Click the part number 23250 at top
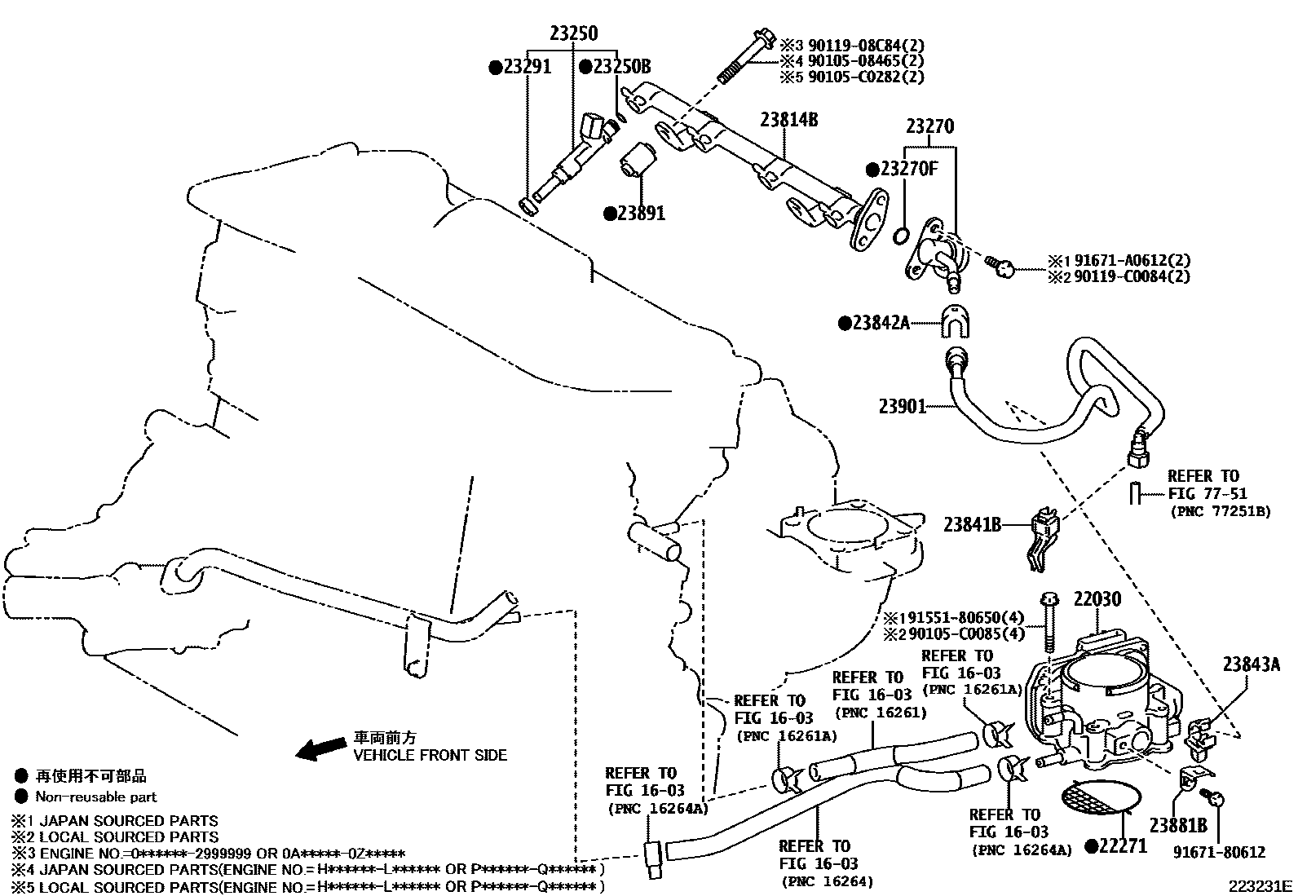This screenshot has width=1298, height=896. (572, 33)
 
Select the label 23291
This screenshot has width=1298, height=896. (526, 67)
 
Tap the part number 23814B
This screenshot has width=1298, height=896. (788, 120)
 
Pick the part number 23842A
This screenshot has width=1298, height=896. (879, 323)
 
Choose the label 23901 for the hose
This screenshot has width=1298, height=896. (903, 405)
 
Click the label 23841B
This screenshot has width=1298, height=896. (972, 524)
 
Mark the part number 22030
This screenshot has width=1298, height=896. (1097, 599)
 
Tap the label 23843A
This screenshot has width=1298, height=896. (1251, 664)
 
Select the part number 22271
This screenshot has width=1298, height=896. (1122, 846)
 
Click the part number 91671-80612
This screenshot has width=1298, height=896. (1220, 852)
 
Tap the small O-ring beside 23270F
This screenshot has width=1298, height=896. (900, 236)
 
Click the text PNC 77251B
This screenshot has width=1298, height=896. (1220, 512)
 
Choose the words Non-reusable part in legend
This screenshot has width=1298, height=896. (95, 797)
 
